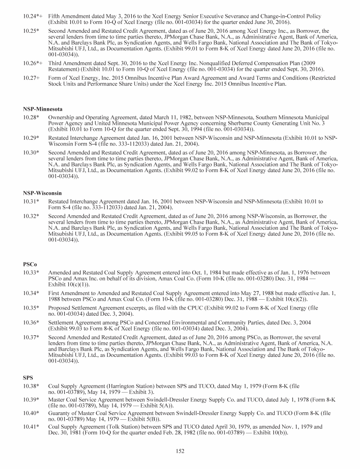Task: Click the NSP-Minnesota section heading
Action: click(43, 109)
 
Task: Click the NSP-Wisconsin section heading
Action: click(42, 193)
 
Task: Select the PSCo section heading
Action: click(30, 265)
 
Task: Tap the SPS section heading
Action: click(28, 377)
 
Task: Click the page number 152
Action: click(180, 451)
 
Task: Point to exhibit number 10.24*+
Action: click(33, 16)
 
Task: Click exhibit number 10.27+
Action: click(31, 78)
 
